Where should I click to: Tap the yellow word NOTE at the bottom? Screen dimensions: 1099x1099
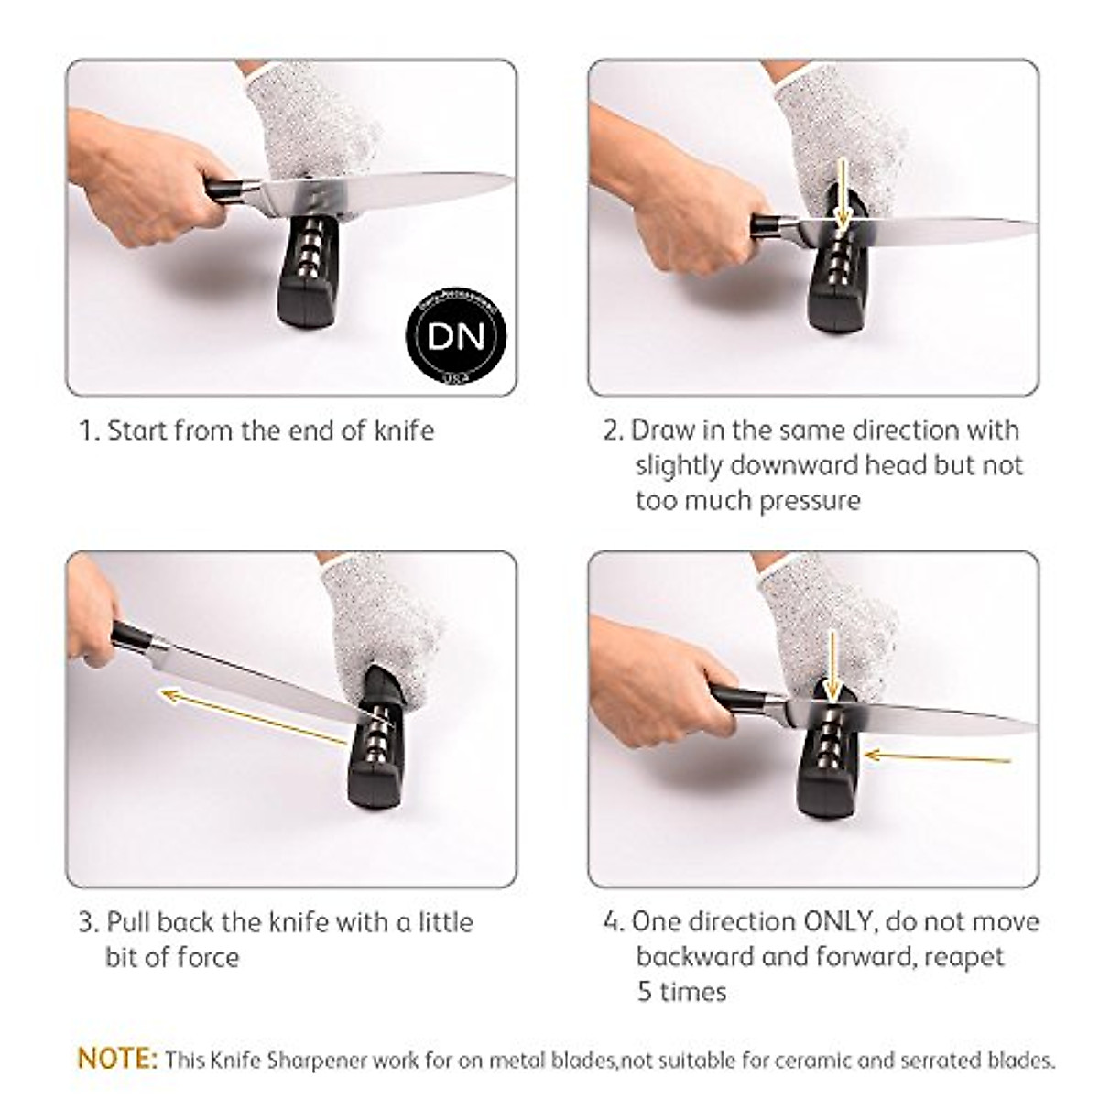pyautogui.click(x=117, y=1059)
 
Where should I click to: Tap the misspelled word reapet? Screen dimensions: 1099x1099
pyautogui.click(x=964, y=957)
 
